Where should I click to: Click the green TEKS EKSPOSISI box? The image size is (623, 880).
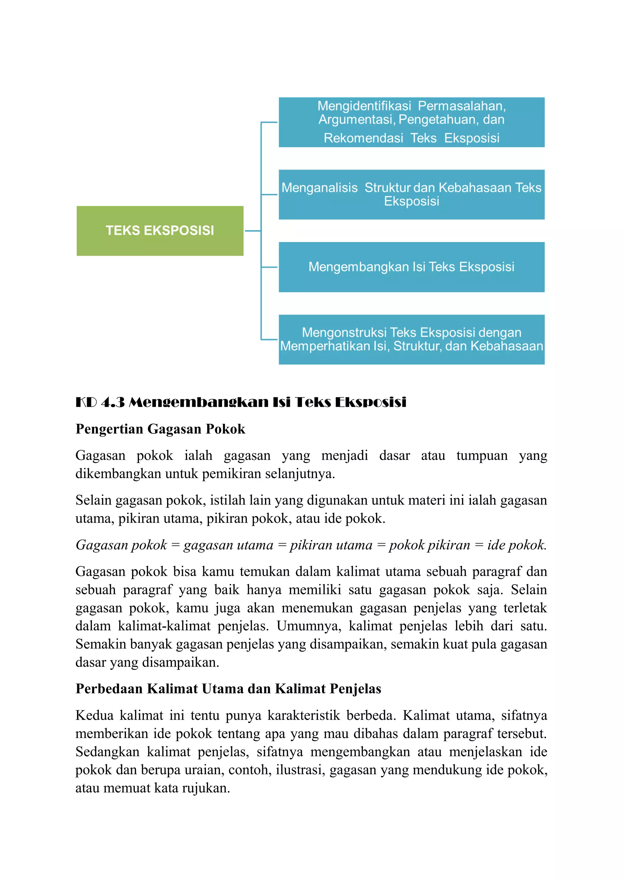coord(160,231)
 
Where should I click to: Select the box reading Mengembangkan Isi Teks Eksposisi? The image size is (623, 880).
coord(411,267)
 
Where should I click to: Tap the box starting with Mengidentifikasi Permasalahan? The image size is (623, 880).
coord(411,122)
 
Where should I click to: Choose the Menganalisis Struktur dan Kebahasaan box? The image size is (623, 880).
coord(411,194)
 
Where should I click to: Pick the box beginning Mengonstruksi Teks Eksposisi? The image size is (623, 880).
coord(411,339)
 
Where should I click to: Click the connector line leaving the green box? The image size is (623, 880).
coord(252,231)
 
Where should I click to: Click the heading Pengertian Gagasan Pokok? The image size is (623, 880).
coord(160,429)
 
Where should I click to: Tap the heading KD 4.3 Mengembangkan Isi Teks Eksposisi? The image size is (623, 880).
coord(241,402)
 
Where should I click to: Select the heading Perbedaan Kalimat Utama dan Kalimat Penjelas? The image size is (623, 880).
coord(228,689)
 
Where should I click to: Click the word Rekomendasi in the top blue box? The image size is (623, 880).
coord(363,138)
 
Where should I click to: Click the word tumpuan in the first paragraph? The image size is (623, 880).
coord(482,455)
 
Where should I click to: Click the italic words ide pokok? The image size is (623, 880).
coord(517,545)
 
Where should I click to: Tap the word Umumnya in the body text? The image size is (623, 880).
coord(309,626)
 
